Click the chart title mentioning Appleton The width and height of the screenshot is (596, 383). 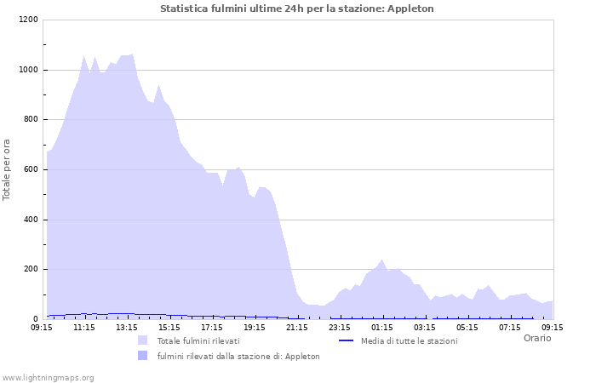[x=296, y=9]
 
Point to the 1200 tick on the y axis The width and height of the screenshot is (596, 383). [x=28, y=20]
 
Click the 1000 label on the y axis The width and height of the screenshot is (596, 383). [x=28, y=70]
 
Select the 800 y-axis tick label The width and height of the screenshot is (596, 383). [x=31, y=120]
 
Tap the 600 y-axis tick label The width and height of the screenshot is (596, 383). [x=31, y=170]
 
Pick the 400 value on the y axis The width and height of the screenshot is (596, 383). [x=31, y=220]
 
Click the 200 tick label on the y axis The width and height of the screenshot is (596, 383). [x=31, y=270]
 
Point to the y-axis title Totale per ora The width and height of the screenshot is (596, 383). [x=8, y=169]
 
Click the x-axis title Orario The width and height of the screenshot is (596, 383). [x=536, y=338]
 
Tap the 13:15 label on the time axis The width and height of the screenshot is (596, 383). [x=127, y=327]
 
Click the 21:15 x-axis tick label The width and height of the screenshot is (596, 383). [x=297, y=327]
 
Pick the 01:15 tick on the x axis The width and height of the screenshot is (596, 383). [x=382, y=327]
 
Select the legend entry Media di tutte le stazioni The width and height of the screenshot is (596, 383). [x=408, y=340]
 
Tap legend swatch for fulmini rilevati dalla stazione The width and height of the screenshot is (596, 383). [x=142, y=356]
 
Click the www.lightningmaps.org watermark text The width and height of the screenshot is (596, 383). [x=48, y=377]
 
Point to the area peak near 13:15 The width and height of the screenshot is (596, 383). [x=132, y=54]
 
